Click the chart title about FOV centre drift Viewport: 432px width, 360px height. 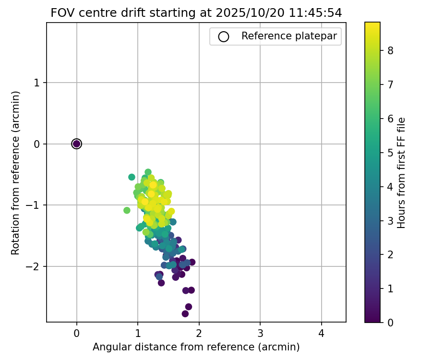[x=196, y=13]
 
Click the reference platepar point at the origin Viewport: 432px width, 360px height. [x=77, y=144]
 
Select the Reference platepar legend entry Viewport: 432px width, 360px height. [x=289, y=36]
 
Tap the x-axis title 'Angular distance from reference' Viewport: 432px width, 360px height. [x=196, y=347]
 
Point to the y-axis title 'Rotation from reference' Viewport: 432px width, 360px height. [x=16, y=172]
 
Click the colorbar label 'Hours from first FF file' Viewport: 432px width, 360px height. [x=402, y=172]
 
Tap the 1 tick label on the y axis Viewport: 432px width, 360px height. [x=37, y=83]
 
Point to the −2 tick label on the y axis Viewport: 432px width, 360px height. [x=34, y=266]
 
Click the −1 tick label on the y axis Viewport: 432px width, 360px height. [x=34, y=205]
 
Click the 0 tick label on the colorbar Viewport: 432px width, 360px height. [x=390, y=322]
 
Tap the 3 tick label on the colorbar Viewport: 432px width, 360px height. [x=390, y=220]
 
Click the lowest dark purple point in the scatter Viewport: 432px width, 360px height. [x=185, y=313]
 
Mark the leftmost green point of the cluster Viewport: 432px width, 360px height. [x=127, y=210]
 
